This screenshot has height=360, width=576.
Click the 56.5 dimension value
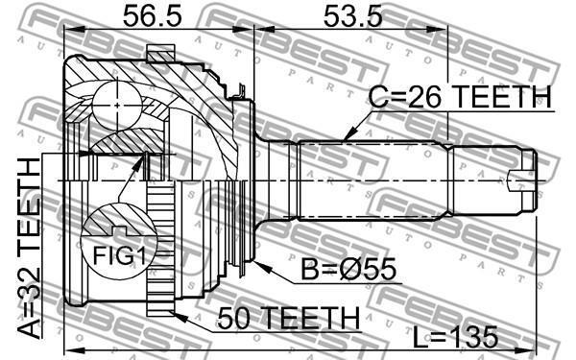pyautogui.click(x=152, y=15)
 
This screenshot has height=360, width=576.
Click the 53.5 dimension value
pyautogui.click(x=352, y=15)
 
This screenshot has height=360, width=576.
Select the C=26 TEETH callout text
pyautogui.click(x=460, y=97)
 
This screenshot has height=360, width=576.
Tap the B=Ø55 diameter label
pyautogui.click(x=348, y=269)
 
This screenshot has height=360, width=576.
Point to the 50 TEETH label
pyautogui.click(x=289, y=318)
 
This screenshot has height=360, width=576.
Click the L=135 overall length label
pyautogui.click(x=455, y=337)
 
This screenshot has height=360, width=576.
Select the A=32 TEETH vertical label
pyautogui.click(x=29, y=249)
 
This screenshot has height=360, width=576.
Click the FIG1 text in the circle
pyautogui.click(x=119, y=255)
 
